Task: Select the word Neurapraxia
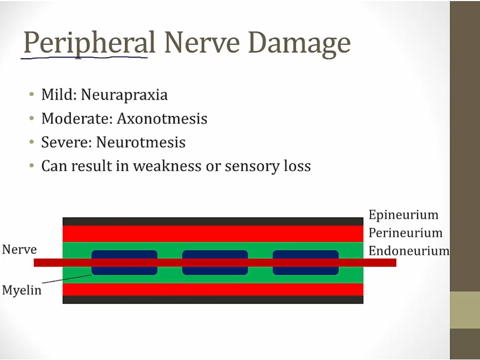(x=124, y=95)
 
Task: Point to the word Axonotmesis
(x=162, y=118)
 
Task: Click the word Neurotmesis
(x=141, y=142)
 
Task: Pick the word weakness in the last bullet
(x=167, y=166)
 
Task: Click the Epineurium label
(x=404, y=215)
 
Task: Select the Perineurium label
(x=406, y=233)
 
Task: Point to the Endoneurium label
(x=409, y=251)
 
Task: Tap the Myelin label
(x=22, y=290)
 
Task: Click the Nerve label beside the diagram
(x=19, y=250)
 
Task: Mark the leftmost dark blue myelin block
(x=125, y=262)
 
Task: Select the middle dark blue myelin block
(x=215, y=262)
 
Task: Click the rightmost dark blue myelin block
(x=306, y=262)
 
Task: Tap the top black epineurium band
(x=213, y=221)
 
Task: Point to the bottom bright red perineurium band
(x=213, y=289)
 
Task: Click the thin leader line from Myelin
(x=67, y=279)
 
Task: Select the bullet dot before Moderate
(x=32, y=118)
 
